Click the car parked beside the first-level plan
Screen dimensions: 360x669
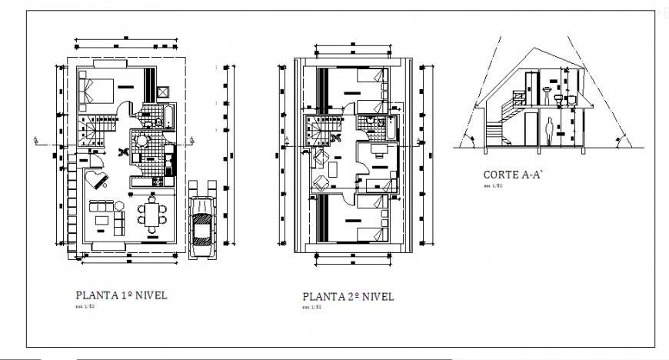[202, 226]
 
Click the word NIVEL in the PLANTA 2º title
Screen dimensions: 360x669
[376, 296]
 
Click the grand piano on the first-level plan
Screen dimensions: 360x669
[98, 180]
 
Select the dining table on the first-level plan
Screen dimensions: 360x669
[153, 213]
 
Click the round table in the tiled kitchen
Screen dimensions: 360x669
[142, 140]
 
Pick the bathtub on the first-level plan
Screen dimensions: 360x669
[166, 118]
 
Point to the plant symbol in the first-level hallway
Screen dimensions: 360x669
[122, 151]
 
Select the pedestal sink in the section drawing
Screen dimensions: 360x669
[547, 92]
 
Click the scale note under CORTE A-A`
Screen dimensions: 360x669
[492, 185]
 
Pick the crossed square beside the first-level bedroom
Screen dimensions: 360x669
[163, 92]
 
